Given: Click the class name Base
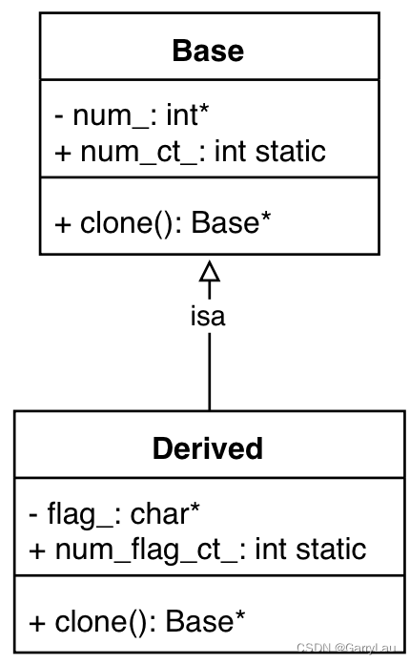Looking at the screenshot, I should click(208, 50).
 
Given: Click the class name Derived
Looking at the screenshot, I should click(208, 447).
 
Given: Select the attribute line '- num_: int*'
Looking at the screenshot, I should click(132, 116).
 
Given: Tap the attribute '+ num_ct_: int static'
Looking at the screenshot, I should click(190, 151).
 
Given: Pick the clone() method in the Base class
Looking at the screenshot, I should click(163, 223).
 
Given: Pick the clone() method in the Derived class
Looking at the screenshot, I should click(137, 621).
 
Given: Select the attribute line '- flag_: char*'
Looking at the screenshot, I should click(114, 514).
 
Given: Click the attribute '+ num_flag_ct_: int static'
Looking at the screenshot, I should click(197, 549).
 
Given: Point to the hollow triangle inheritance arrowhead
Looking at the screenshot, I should click(209, 272).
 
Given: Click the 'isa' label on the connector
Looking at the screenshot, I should click(208, 317).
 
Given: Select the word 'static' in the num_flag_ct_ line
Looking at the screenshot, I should click(333, 549).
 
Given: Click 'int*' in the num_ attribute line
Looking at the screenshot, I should click(188, 116).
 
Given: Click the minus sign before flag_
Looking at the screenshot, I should click(34, 515).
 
